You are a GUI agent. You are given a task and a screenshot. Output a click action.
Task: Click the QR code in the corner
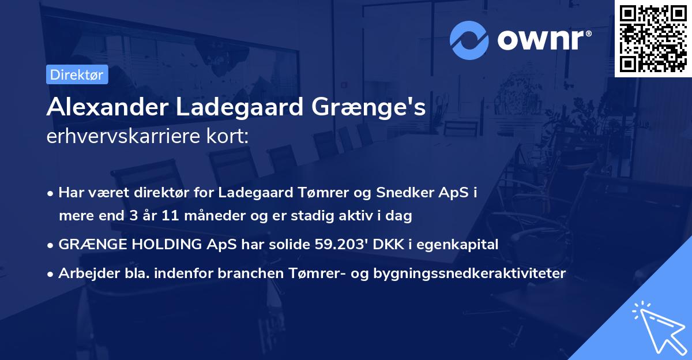tap(653, 38)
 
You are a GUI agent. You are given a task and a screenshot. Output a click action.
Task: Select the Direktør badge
tap(77, 74)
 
